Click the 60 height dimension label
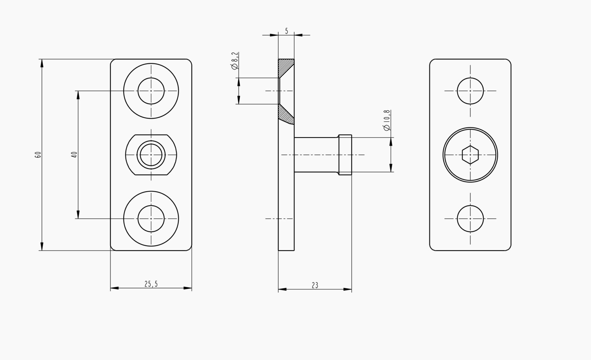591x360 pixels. click(x=38, y=155)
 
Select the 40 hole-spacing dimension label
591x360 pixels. click(x=74, y=155)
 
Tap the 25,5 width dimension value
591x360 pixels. click(x=151, y=284)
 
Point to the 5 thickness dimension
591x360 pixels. click(x=286, y=31)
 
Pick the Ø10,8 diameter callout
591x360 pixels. click(x=387, y=120)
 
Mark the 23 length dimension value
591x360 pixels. click(x=315, y=285)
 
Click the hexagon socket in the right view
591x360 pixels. click(x=470, y=155)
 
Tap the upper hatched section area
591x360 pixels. click(x=286, y=67)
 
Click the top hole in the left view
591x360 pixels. click(x=151, y=91)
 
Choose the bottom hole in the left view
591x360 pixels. click(x=151, y=219)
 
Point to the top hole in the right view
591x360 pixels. click(x=470, y=91)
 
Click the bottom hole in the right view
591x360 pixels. click(x=470, y=219)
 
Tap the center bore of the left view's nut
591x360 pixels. click(x=151, y=155)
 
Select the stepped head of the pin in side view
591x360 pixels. click(x=345, y=155)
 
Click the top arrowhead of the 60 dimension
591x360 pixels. click(x=42, y=63)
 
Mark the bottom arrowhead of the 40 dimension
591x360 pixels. click(x=78, y=214)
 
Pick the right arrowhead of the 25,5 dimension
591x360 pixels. click(x=187, y=288)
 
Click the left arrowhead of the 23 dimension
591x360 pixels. click(x=283, y=289)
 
